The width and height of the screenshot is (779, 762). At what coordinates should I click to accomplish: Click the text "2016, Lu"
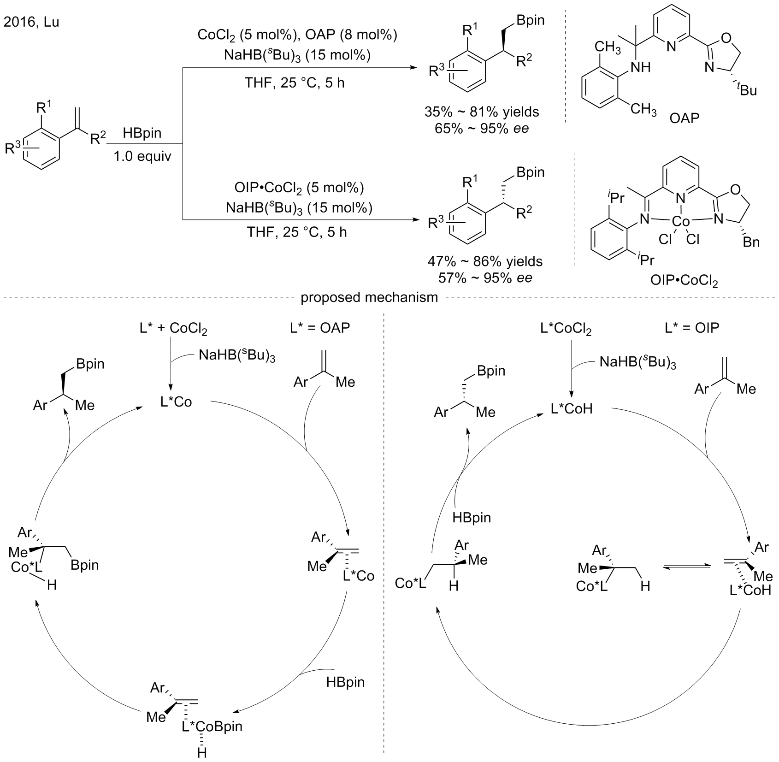(31, 22)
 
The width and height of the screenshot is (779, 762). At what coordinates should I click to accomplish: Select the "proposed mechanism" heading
(369, 297)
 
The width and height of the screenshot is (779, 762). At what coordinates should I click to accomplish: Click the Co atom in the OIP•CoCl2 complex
(681, 221)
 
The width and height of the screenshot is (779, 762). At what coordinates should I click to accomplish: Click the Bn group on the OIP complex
(751, 242)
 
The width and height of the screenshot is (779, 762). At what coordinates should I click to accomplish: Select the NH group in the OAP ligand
(641, 67)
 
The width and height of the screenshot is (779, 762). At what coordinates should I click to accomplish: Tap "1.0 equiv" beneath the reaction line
(142, 156)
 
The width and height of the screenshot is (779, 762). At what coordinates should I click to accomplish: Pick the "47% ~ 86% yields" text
(485, 262)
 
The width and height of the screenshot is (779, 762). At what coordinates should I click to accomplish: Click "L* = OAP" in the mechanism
(320, 328)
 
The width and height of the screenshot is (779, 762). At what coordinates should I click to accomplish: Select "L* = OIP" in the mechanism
(692, 328)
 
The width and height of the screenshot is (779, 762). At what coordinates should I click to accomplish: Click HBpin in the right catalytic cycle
(472, 517)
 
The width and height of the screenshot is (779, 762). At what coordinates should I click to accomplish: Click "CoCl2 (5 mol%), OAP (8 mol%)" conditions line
(297, 35)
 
